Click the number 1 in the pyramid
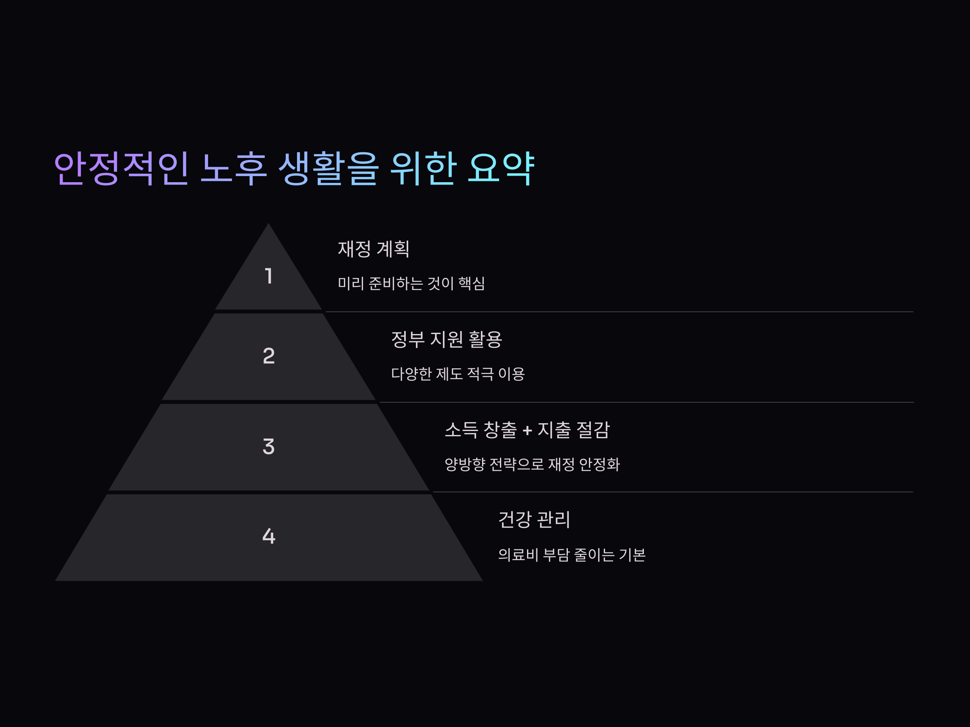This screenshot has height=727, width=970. [x=269, y=276]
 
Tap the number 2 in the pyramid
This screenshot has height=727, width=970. [x=269, y=356]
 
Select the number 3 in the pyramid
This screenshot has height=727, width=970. [x=269, y=447]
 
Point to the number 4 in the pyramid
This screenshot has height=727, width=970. [x=269, y=536]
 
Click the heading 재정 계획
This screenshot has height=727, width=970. [x=373, y=249]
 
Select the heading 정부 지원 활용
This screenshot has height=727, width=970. [x=447, y=339]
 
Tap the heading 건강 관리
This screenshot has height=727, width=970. [x=534, y=520]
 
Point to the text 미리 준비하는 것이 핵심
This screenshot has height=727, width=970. [x=411, y=284]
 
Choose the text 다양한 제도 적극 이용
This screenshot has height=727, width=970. [x=458, y=374]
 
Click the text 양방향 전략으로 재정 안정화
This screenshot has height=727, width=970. [x=532, y=464]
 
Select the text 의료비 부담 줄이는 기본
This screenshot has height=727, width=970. [x=571, y=555]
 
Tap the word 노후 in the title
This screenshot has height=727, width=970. [x=234, y=168]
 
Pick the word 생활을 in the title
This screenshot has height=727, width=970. [x=329, y=168]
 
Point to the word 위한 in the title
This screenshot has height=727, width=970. [x=423, y=168]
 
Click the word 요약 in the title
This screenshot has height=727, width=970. [x=501, y=168]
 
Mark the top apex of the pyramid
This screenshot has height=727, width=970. [x=268, y=225]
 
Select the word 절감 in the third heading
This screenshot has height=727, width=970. [x=593, y=430]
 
